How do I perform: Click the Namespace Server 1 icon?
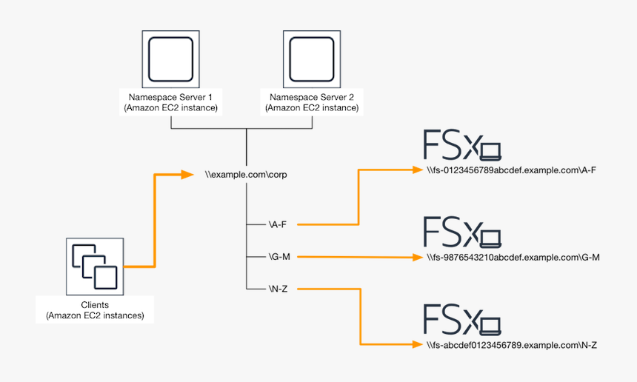tap(171, 59)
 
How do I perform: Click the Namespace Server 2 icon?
tap(312, 59)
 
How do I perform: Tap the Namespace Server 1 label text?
tap(171, 102)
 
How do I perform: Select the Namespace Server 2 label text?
tap(312, 102)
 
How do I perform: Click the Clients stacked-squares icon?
tap(94, 266)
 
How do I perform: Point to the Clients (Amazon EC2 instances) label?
tap(95, 310)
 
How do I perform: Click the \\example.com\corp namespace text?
tap(246, 175)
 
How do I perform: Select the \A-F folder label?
tap(278, 224)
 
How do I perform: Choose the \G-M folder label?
tap(279, 257)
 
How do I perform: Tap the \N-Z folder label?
tap(278, 289)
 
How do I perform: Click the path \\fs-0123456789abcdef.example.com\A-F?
tap(512, 170)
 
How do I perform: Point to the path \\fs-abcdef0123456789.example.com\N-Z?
tap(512, 345)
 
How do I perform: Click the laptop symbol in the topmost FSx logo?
tap(490, 152)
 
